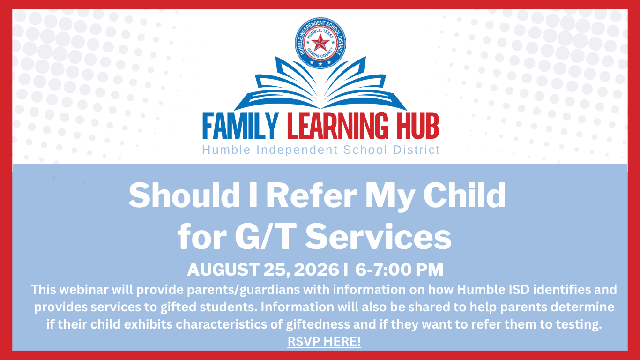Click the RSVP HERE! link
(x=324, y=342)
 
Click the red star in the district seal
(x=320, y=43)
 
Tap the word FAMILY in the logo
(x=240, y=126)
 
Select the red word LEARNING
(x=338, y=126)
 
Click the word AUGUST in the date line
(x=223, y=270)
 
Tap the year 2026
(x=316, y=270)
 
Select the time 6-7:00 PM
(x=400, y=270)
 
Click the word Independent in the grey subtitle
(x=297, y=150)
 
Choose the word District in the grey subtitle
(x=417, y=150)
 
